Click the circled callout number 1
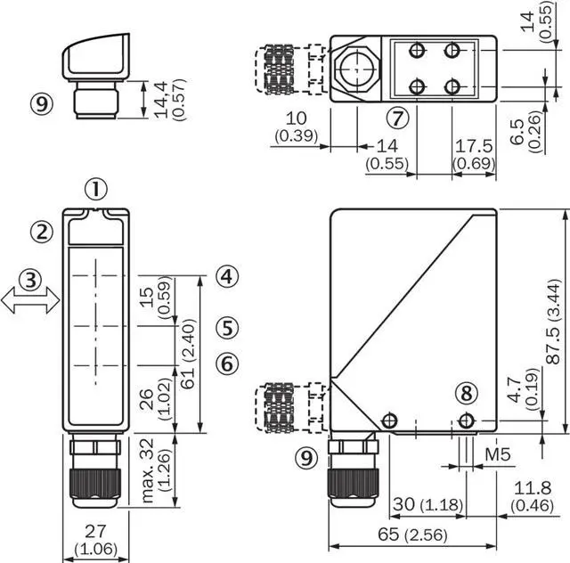coord(96,189)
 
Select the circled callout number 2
coord(42,232)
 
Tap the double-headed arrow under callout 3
coord(30,300)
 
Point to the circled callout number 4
coord(227,276)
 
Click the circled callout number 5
coord(227,327)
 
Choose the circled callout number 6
coord(227,363)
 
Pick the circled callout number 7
coord(397,118)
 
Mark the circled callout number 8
coord(467,393)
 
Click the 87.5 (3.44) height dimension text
coord(555,322)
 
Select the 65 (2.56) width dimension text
coord(412,534)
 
